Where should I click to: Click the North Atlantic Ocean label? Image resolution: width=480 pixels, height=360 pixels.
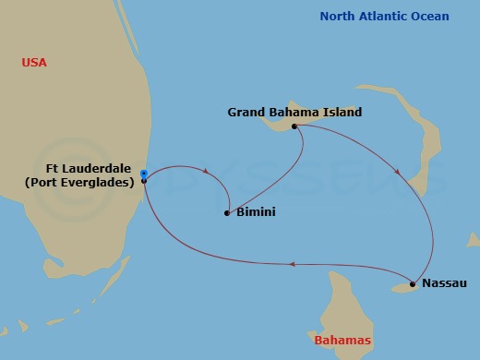(x=384, y=17)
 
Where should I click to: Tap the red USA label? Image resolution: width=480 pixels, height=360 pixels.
(x=34, y=63)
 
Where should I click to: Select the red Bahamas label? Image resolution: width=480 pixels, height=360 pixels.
(x=342, y=341)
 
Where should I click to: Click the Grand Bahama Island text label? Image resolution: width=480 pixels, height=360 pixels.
(x=294, y=113)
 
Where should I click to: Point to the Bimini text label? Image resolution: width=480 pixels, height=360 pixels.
(x=256, y=212)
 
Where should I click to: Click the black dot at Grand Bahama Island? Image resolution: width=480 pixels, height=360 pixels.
(x=294, y=126)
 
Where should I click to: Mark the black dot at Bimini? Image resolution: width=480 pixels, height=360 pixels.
(x=227, y=213)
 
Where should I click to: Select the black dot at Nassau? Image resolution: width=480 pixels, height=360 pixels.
(x=413, y=284)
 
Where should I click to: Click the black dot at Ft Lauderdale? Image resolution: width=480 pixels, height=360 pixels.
(x=144, y=181)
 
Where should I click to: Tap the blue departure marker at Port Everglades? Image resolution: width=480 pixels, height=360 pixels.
(x=143, y=173)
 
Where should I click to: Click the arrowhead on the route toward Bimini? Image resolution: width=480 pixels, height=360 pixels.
(x=205, y=169)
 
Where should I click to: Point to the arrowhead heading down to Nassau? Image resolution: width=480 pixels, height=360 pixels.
(x=398, y=172)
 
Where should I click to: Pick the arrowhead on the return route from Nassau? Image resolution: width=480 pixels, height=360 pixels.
(x=291, y=265)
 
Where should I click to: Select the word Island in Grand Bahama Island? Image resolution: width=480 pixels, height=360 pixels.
(x=342, y=113)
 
